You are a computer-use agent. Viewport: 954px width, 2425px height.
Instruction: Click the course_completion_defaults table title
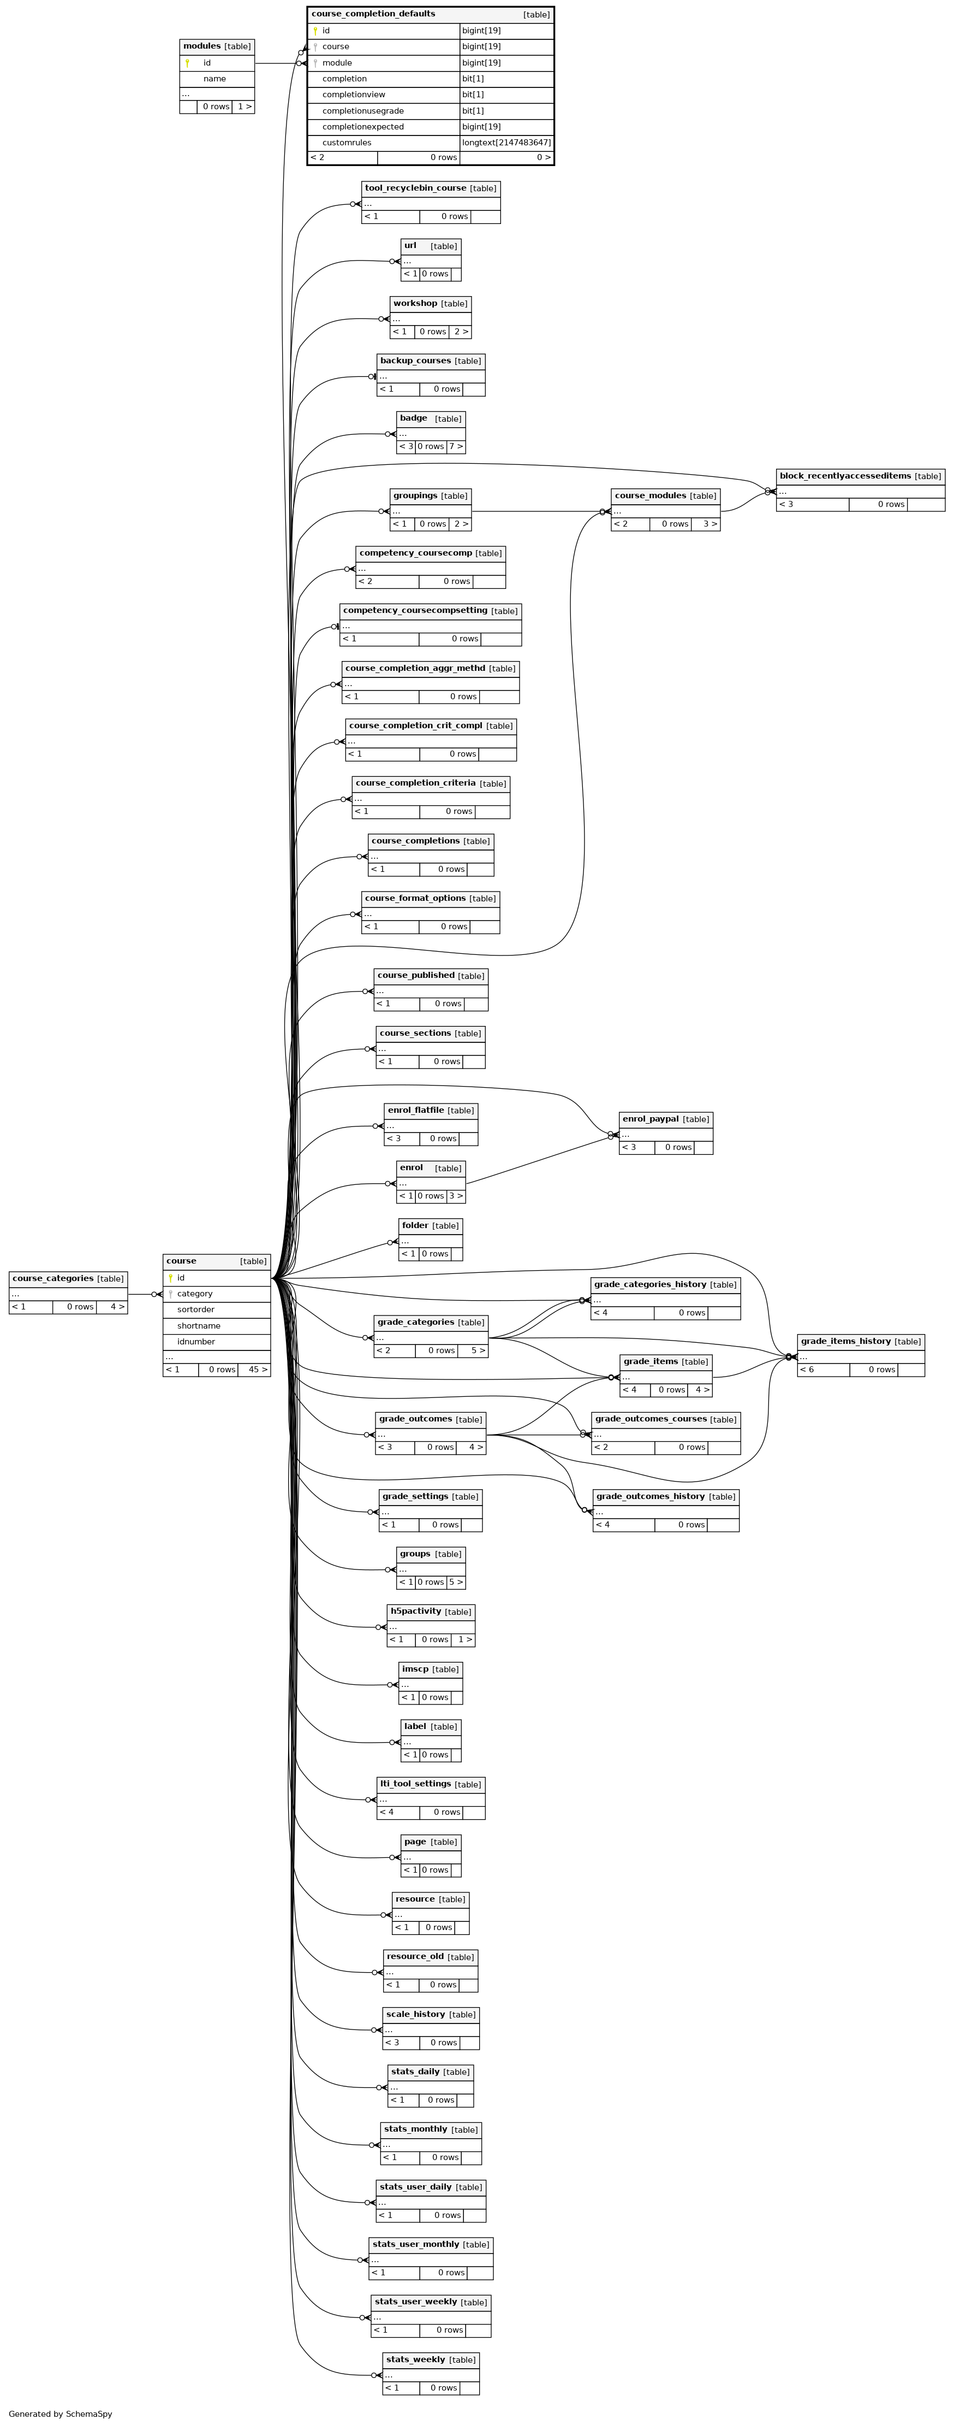(x=373, y=14)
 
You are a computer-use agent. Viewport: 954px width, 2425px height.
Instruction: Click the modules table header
(x=216, y=46)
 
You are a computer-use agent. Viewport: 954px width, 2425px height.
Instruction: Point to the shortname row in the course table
(x=216, y=1325)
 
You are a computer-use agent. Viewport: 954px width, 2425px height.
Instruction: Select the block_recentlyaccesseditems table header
(x=860, y=476)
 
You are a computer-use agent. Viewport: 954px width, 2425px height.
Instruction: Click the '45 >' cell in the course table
(x=258, y=1370)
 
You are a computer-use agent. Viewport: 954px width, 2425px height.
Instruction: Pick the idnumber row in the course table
(x=216, y=1342)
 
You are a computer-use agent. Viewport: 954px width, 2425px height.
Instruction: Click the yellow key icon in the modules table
(x=187, y=63)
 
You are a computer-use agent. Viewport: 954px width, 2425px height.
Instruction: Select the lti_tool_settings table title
(x=415, y=1783)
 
